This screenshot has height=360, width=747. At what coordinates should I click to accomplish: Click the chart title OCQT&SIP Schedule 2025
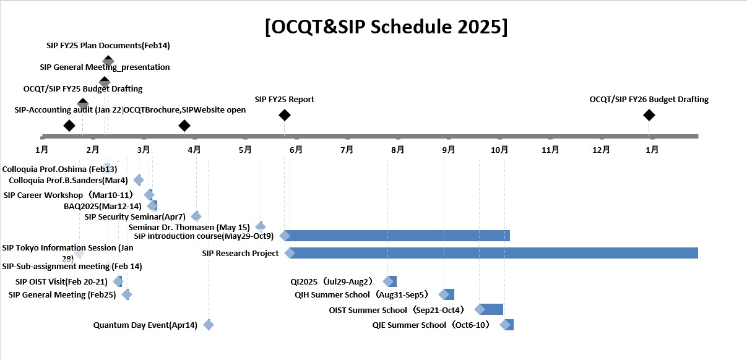[386, 27]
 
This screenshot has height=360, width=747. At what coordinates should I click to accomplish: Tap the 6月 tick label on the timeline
[296, 150]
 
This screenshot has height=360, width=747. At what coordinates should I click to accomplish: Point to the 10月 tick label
[499, 150]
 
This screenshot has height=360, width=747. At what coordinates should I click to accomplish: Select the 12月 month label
[601, 150]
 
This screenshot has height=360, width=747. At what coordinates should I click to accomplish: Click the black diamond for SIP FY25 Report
[285, 115]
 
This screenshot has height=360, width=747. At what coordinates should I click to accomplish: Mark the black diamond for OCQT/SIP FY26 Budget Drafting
[649, 115]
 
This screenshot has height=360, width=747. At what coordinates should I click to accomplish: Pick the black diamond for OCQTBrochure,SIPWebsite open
[184, 126]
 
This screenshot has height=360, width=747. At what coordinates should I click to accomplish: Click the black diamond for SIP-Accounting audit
[69, 126]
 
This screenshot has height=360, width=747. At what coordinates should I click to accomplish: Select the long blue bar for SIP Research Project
[493, 253]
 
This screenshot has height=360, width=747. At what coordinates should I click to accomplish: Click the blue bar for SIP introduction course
[397, 236]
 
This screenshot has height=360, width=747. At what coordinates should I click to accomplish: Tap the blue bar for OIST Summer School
[491, 309]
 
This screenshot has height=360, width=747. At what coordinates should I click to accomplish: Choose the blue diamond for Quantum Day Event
[209, 325]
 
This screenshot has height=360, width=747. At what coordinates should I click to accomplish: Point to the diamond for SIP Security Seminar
[196, 216]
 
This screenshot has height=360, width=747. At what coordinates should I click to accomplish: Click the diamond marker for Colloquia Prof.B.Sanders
[139, 180]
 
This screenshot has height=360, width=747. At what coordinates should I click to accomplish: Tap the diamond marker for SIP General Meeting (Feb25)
[127, 294]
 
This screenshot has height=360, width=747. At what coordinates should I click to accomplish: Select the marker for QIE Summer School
[507, 325]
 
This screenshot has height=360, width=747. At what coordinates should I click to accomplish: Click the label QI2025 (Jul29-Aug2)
[332, 281]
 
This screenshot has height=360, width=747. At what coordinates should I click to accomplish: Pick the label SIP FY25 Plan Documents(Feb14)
[108, 45]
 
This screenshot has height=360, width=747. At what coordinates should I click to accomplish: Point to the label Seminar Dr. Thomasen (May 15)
[189, 228]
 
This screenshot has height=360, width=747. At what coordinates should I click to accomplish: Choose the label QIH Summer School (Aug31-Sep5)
[361, 294]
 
